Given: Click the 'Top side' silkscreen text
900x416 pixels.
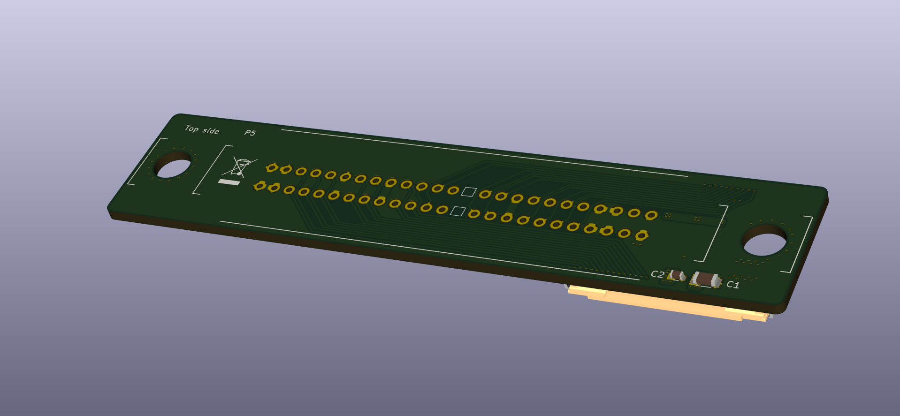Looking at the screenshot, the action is (x=202, y=129).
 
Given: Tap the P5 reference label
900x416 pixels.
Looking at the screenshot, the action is (x=250, y=133).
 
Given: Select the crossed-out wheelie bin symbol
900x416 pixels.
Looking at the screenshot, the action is (x=242, y=167).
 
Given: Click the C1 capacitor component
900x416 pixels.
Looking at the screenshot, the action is (x=705, y=280).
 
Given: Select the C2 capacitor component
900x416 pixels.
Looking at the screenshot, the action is (x=677, y=275).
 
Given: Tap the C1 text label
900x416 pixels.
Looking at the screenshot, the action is (x=733, y=285).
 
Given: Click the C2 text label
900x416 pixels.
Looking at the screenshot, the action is (x=657, y=274).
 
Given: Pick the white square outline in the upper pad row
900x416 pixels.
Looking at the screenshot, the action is (x=468, y=191).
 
